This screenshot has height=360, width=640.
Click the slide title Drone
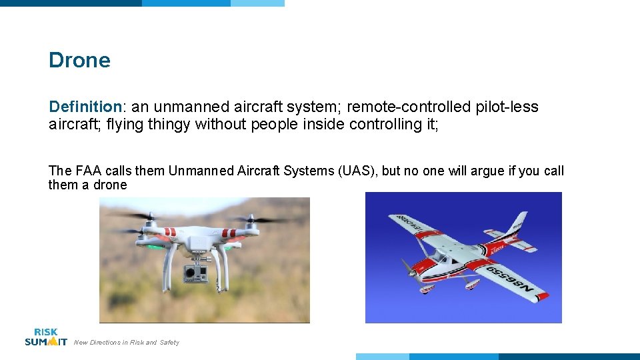click(x=79, y=60)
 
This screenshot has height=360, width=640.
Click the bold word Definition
click(x=85, y=107)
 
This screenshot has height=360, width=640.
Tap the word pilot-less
click(x=507, y=107)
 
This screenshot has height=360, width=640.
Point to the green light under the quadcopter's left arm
click(x=155, y=247)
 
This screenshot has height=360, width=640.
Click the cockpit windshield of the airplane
click(x=441, y=254)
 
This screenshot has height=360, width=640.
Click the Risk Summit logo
click(x=46, y=337)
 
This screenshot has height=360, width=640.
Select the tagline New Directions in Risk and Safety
click(x=126, y=343)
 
